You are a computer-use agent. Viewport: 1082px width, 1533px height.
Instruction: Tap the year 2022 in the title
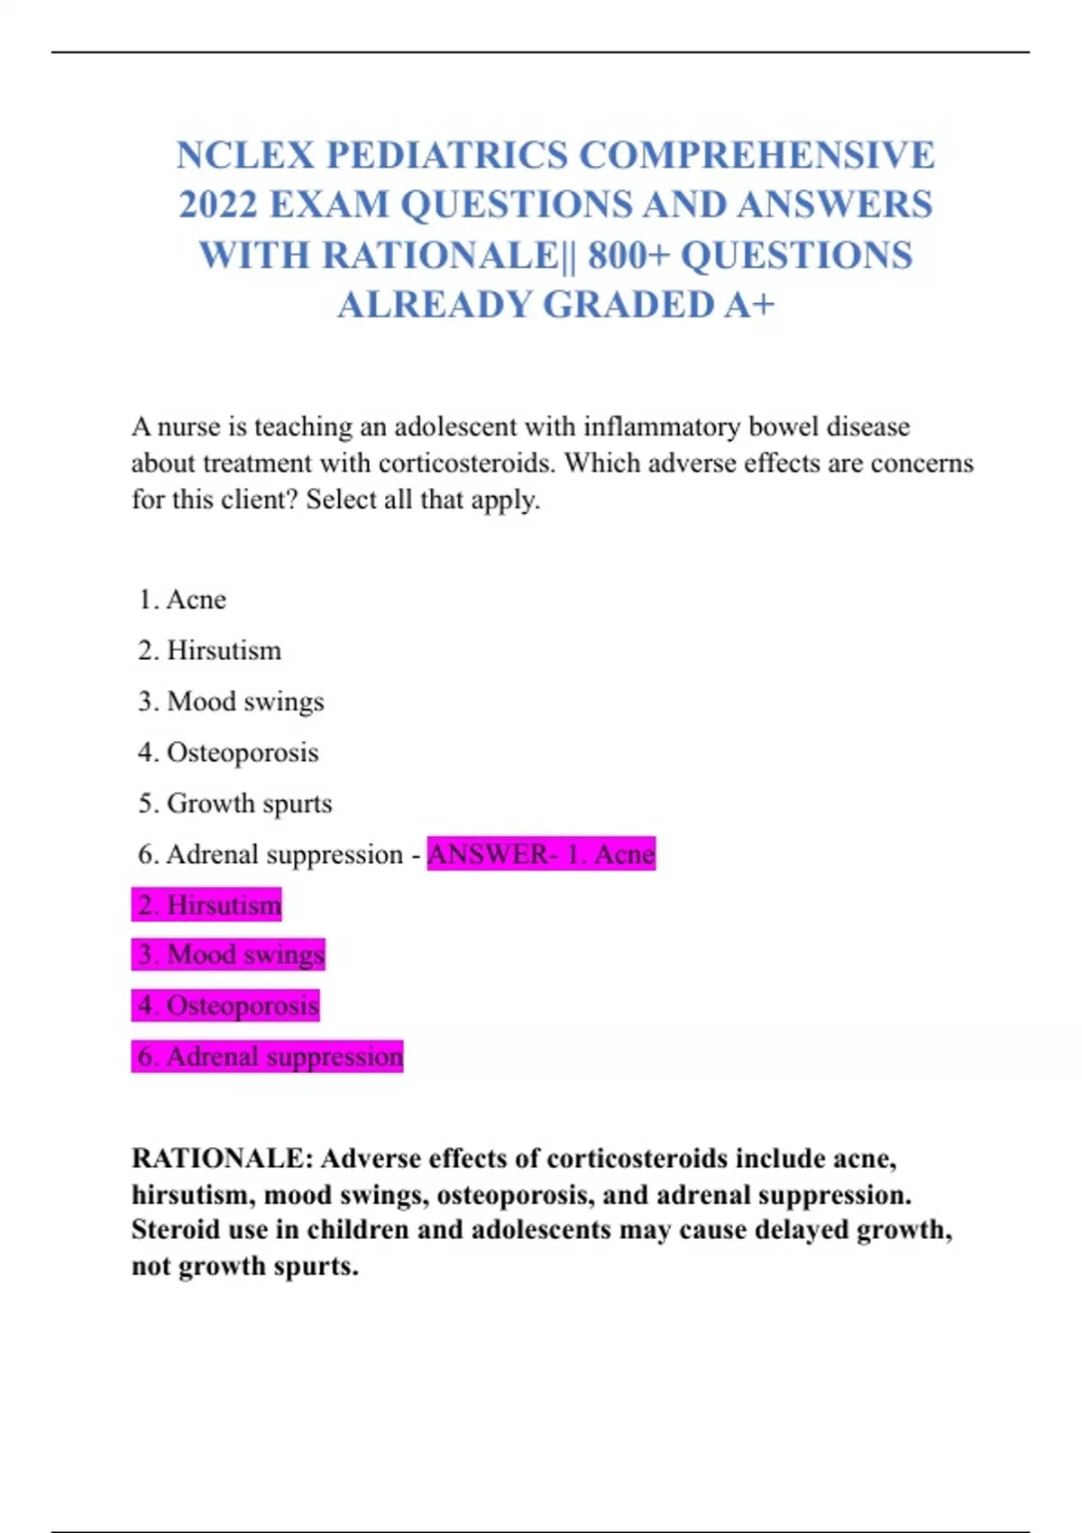click(x=217, y=205)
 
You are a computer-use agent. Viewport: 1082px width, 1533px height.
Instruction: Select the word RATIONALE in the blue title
click(x=440, y=255)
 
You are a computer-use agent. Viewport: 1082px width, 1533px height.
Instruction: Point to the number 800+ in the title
click(x=628, y=255)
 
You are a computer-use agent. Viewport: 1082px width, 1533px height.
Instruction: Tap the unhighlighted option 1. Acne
click(x=183, y=600)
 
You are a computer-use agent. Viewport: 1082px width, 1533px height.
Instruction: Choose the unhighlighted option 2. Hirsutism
click(x=210, y=650)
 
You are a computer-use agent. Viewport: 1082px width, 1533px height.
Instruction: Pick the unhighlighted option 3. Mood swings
click(x=232, y=702)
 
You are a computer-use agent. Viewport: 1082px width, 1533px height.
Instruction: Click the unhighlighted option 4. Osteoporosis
click(x=229, y=752)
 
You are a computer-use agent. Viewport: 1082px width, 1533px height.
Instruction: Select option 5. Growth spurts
click(x=235, y=803)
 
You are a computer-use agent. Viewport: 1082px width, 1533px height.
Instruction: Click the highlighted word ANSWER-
click(x=492, y=854)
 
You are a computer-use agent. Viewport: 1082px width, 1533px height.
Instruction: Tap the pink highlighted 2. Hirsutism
click(x=208, y=904)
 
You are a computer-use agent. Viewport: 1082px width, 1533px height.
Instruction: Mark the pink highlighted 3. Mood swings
click(x=230, y=955)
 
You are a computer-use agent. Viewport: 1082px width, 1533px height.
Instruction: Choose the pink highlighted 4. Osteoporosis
click(x=227, y=1005)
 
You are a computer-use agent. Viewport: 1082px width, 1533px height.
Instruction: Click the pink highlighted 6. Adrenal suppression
click(x=269, y=1056)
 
